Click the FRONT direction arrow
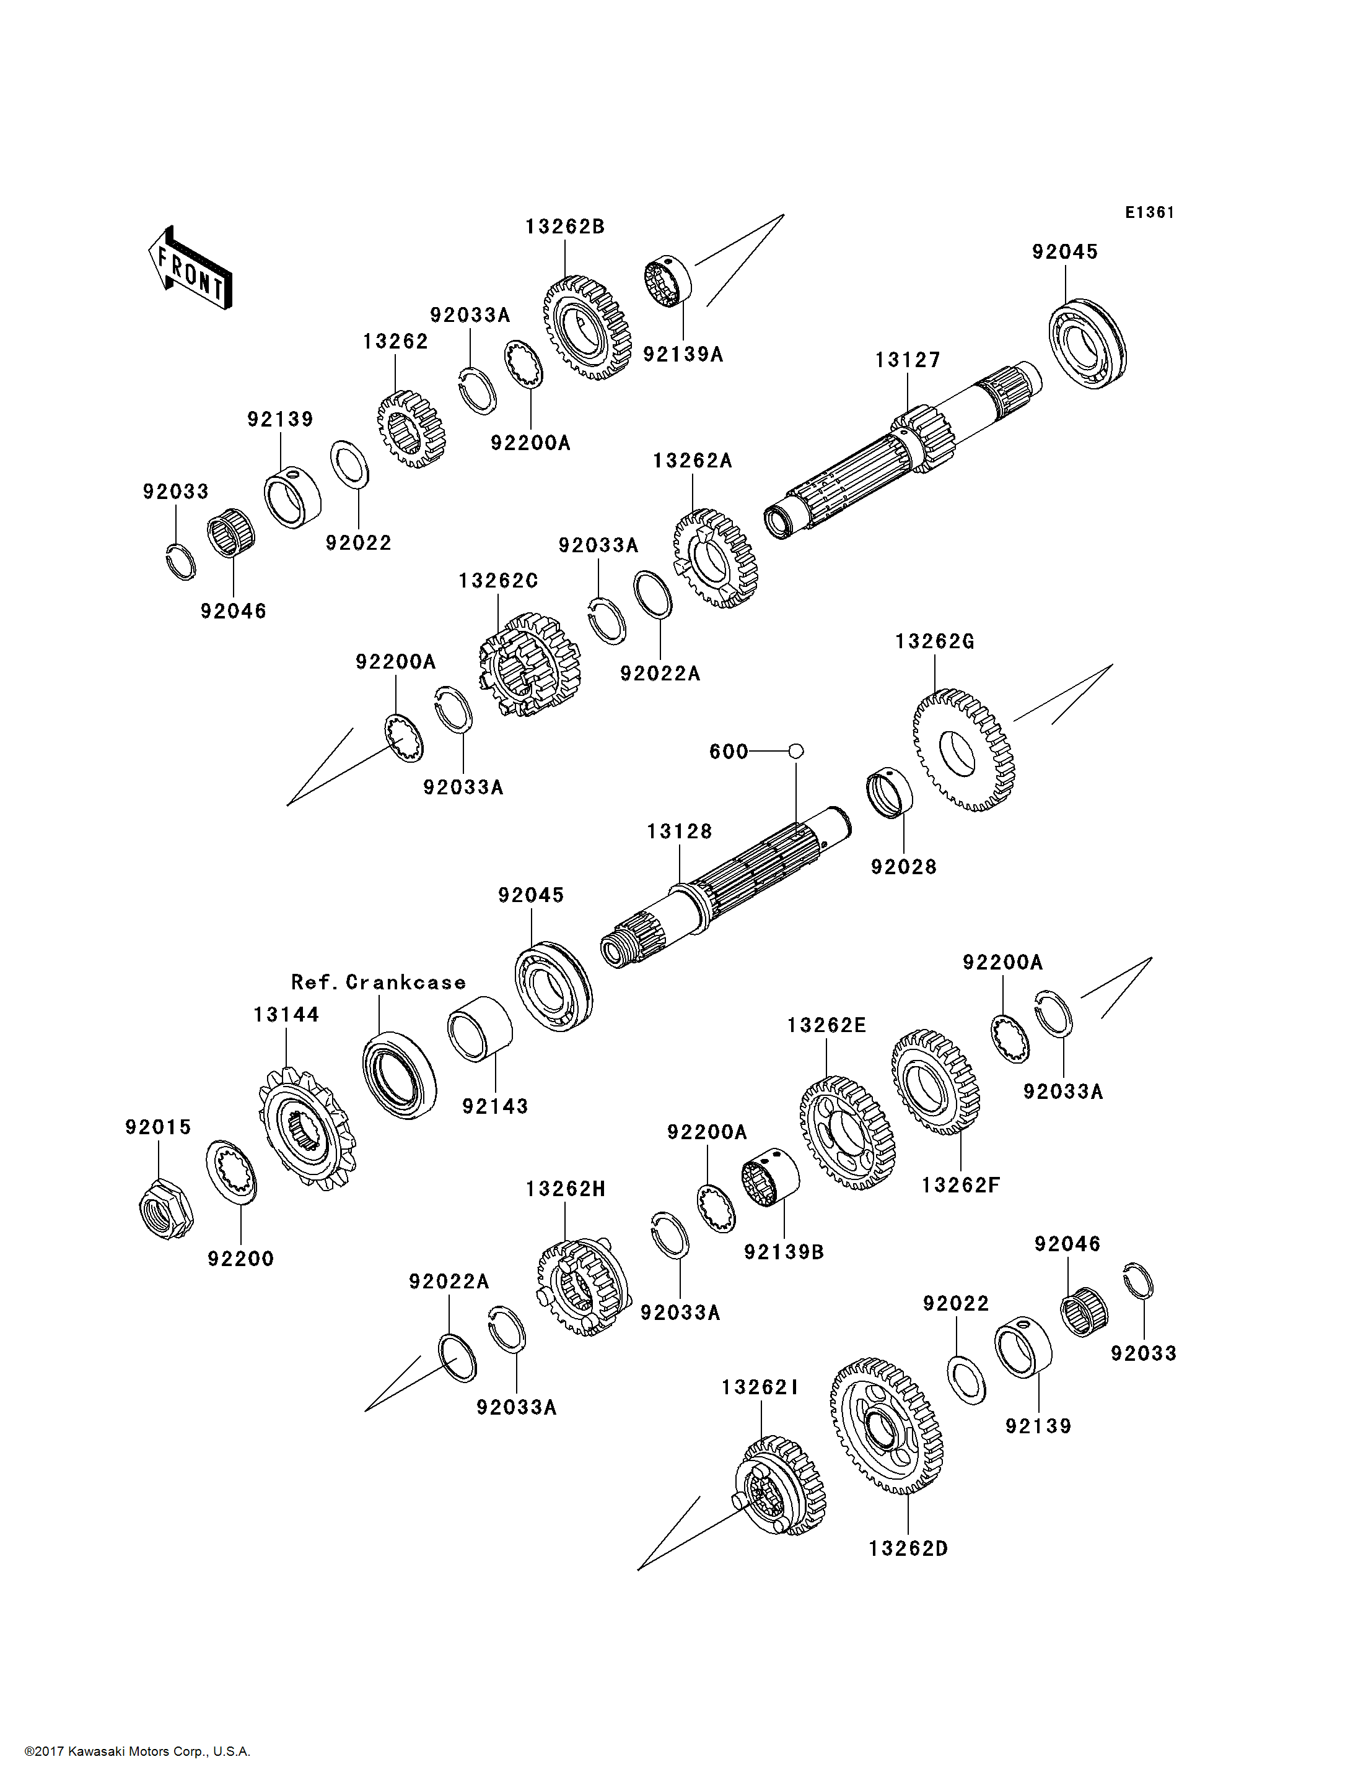pos(191,270)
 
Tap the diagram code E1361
pos(1149,212)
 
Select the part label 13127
pos(908,360)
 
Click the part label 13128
pos(679,831)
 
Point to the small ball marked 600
pos(795,752)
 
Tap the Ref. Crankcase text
pos(379,983)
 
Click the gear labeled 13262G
pos(963,749)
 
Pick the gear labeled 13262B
pos(587,328)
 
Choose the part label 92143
pos(495,1106)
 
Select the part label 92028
pos(903,867)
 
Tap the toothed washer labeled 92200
pos(232,1172)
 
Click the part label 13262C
pos(498,581)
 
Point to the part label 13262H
pos(565,1189)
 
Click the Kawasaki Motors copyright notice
pos(138,1751)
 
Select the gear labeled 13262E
pos(847,1132)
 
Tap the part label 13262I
pos(760,1387)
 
